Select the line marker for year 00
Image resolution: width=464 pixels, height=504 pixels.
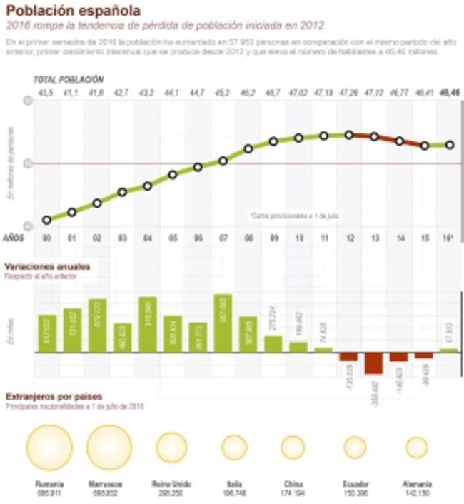point(47,220)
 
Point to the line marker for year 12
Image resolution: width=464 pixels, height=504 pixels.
point(349,134)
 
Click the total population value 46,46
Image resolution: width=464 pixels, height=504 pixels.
point(450,92)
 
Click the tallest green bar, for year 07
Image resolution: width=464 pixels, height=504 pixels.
point(223,323)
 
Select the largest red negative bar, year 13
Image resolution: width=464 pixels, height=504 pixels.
point(374,363)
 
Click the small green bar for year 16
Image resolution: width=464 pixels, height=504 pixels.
point(450,351)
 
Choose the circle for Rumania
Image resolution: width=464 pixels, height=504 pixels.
point(49,447)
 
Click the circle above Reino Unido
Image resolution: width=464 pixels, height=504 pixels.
point(171,447)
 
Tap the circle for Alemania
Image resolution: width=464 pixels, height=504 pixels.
point(416,447)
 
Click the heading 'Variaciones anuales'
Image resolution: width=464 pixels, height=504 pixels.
point(48,266)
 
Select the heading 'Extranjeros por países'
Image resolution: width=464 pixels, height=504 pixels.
point(54,396)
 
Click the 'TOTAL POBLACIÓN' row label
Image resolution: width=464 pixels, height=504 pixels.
point(69,79)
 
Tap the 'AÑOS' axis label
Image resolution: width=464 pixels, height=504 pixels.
point(14,237)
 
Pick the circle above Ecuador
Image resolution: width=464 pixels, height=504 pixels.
point(355,447)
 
